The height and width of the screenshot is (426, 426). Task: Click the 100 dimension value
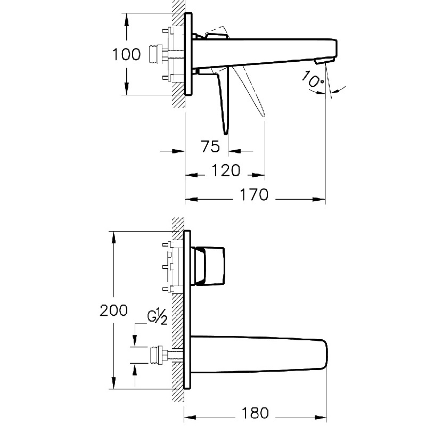pyautogui.click(x=126, y=54)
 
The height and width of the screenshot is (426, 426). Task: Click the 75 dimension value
pyautogui.click(x=211, y=145)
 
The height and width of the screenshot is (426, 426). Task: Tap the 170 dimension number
pyautogui.click(x=252, y=195)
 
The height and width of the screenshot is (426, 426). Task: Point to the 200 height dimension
pyautogui.click(x=113, y=310)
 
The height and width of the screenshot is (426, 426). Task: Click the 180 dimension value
pyautogui.click(x=255, y=413)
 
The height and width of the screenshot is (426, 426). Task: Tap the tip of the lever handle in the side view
pyautogui.click(x=226, y=133)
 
